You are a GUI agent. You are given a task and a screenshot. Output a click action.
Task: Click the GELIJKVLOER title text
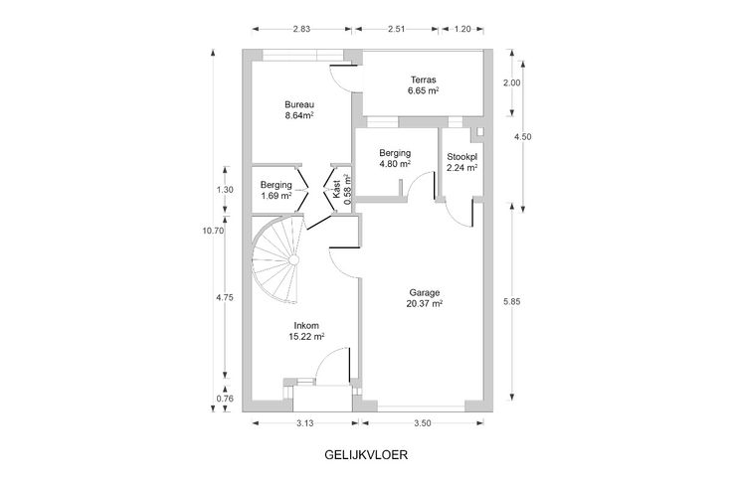366,458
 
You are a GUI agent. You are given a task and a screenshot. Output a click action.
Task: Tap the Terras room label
424,80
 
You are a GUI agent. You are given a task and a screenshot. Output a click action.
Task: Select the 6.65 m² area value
424,90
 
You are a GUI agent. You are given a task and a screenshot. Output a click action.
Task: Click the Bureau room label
298,105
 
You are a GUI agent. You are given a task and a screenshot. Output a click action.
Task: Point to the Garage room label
425,293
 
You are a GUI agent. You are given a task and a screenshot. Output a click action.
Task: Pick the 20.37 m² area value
425,304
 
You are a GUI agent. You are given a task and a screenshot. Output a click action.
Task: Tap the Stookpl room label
462,156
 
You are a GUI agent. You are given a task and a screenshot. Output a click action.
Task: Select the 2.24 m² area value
462,168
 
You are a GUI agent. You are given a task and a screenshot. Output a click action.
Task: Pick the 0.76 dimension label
224,400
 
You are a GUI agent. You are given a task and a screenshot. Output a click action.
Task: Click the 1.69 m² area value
276,196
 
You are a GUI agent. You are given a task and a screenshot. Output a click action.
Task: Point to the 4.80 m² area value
395,164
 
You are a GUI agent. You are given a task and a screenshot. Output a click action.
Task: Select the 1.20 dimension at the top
462,29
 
